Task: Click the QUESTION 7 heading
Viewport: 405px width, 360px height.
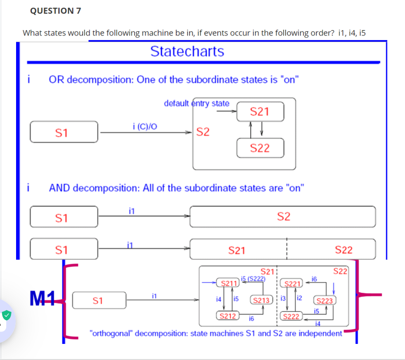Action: point(56,11)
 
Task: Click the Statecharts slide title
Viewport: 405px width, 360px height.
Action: point(187,52)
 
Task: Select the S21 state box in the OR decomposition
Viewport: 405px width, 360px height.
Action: point(260,111)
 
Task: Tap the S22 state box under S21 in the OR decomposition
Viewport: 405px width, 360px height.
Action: point(260,148)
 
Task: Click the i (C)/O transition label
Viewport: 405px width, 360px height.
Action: point(145,126)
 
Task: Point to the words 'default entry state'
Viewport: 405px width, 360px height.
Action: point(197,103)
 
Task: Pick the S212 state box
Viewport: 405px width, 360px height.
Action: point(227,316)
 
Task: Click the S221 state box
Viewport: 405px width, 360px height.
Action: point(291,284)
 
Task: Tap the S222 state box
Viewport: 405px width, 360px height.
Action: point(290,317)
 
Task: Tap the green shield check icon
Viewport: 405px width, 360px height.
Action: point(6,315)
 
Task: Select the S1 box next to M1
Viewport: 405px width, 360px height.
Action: point(99,300)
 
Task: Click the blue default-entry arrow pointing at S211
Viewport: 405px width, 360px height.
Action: point(210,283)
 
